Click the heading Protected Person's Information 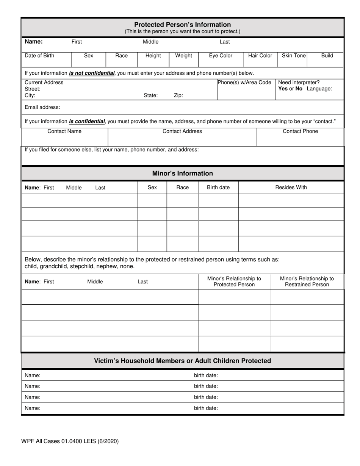[182, 25]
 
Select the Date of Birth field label [39, 56]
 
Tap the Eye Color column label [221, 56]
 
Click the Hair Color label [260, 56]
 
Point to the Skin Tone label [294, 56]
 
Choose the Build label [327, 56]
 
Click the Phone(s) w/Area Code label [244, 83]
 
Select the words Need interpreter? [299, 83]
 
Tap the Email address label [42, 107]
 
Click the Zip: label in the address [178, 95]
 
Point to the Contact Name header [64, 131]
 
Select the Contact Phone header [301, 131]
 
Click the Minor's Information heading [182, 174]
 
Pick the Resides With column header [291, 188]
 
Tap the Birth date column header [218, 188]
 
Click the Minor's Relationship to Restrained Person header [307, 281]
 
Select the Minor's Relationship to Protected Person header [234, 281]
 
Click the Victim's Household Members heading [182, 361]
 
